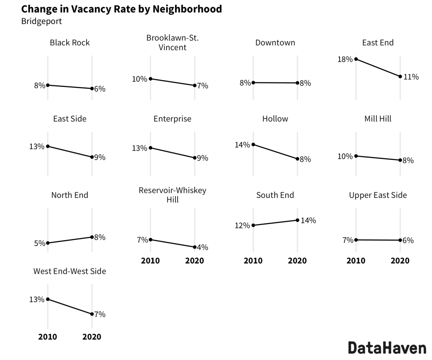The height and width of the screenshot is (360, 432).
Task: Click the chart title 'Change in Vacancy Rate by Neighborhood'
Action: (x=121, y=9)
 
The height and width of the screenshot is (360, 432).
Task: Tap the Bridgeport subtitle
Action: (x=41, y=21)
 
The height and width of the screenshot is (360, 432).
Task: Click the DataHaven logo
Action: (x=387, y=348)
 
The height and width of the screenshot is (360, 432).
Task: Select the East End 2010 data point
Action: (x=356, y=59)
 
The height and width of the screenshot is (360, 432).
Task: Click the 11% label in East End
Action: (x=411, y=77)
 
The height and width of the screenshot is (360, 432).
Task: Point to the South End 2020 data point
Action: (x=297, y=220)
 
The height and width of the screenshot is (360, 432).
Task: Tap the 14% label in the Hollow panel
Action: (x=242, y=145)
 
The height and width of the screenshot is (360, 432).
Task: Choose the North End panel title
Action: (x=70, y=195)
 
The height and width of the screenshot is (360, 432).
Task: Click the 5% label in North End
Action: (x=40, y=244)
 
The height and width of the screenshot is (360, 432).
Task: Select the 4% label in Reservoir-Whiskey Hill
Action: (x=202, y=247)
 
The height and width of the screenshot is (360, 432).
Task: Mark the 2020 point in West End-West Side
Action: (x=92, y=314)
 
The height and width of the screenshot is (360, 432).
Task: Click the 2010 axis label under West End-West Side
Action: (x=48, y=337)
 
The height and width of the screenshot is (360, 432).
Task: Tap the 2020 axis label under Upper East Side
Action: (x=400, y=261)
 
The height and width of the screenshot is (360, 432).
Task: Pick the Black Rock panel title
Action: (x=70, y=43)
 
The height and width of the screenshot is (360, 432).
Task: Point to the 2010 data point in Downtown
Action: (x=253, y=83)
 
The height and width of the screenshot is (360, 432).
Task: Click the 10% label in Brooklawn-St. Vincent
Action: (x=140, y=79)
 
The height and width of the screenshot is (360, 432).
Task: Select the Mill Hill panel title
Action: (x=378, y=119)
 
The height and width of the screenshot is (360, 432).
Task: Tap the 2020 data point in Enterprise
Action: (x=194, y=158)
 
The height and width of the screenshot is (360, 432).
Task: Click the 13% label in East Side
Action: (x=37, y=146)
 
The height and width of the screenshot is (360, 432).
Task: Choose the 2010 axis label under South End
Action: (x=253, y=261)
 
